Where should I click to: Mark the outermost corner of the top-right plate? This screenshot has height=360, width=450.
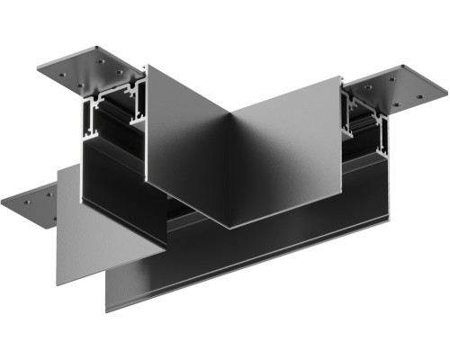tap(446, 91)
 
